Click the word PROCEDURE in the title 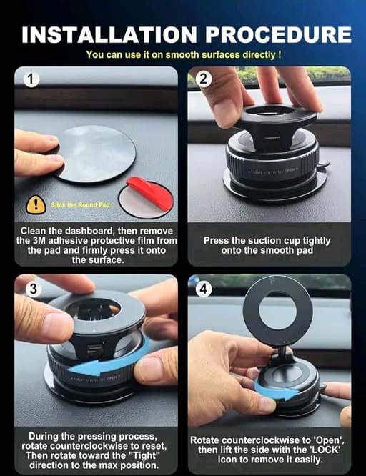pos(275,34)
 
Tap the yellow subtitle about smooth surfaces pos(183,54)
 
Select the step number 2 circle pos(203,79)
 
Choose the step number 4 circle pos(203,289)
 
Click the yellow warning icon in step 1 pos(35,205)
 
